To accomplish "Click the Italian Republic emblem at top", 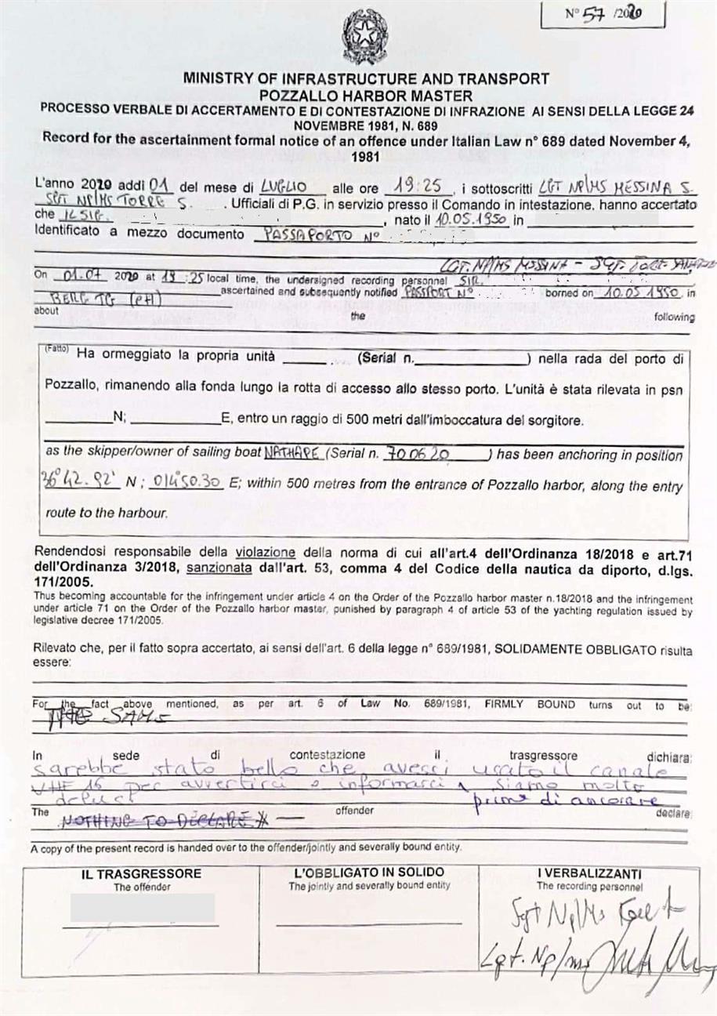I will point(359,36).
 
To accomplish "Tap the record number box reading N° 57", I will point(601,14).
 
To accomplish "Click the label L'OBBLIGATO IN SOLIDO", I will point(369,872).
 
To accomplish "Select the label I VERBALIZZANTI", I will point(589,873).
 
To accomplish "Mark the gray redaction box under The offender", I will point(142,906).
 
